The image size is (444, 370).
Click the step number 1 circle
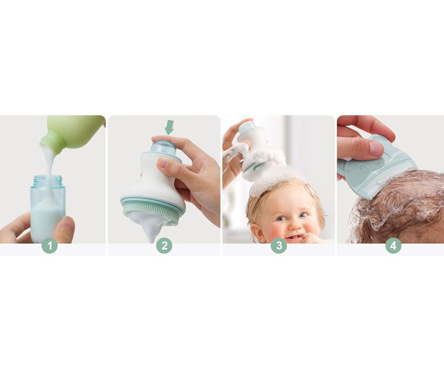50,245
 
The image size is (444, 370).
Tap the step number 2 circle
164,245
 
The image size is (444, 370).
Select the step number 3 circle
279,245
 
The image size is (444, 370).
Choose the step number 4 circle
393,245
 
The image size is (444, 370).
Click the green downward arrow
169,127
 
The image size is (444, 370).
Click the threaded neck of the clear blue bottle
48,181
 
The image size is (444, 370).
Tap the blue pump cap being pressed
163,149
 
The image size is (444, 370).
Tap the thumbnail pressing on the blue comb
376,148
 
